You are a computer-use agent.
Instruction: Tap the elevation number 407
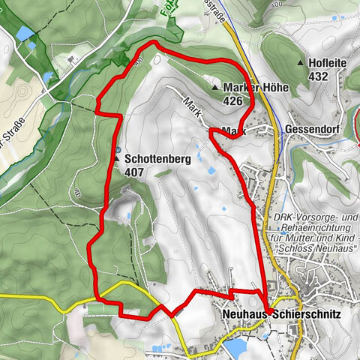135,172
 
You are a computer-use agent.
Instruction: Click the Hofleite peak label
330,63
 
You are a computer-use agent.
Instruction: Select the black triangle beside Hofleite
300,63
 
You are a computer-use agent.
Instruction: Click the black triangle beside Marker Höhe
215,88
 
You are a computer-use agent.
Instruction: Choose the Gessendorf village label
313,128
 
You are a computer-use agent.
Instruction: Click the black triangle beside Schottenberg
118,159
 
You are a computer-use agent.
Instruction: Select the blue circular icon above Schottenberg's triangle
118,147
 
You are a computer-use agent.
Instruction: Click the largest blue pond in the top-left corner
24,33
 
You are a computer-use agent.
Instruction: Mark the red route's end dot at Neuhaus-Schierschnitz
267,309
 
